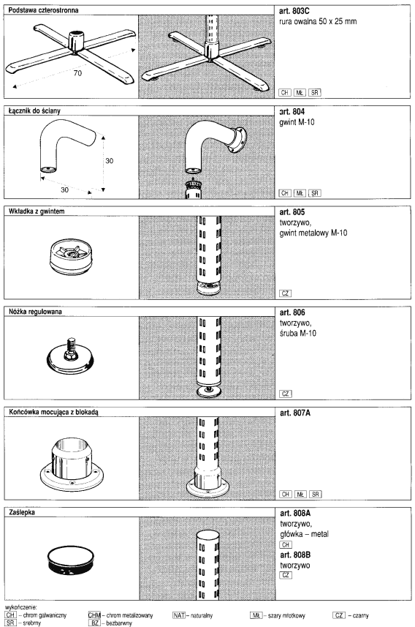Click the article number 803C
[294, 11]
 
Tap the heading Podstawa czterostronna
[44, 10]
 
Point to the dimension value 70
[77, 72]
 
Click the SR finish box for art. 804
[315, 193]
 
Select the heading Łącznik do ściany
[34, 110]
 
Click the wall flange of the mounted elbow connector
[239, 140]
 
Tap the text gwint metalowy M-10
[313, 233]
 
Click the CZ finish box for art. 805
[285, 293]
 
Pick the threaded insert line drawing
[71, 257]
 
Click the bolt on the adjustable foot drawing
[71, 347]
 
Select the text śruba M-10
[298, 333]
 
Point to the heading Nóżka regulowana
[35, 312]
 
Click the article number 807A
[294, 413]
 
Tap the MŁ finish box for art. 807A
[300, 495]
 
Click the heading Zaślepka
[22, 512]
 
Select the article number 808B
[295, 555]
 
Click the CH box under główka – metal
[286, 544]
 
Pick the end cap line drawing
[72, 560]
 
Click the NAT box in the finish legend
[179, 615]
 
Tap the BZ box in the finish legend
[95, 623]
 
